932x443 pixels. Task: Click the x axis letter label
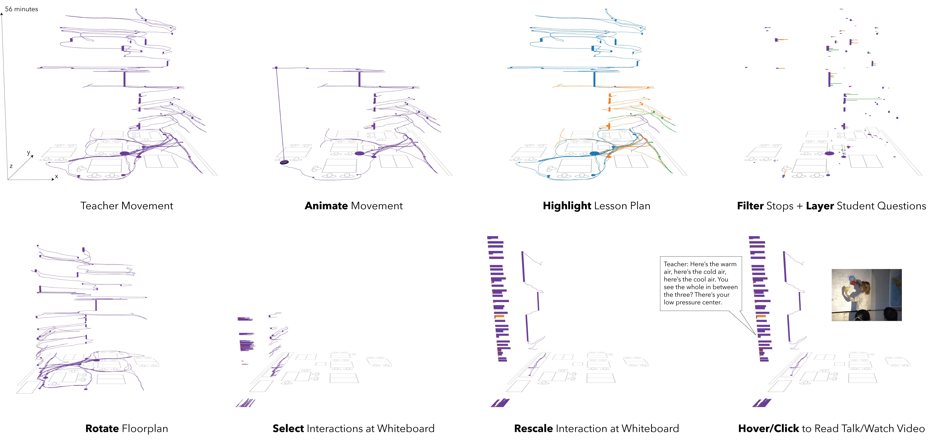(56, 176)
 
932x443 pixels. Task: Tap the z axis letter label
(11, 166)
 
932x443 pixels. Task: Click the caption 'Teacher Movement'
(127, 206)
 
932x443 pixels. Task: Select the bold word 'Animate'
(326, 206)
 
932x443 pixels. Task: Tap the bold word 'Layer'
(820, 206)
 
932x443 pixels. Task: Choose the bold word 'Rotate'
(102, 429)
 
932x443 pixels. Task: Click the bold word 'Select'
(288, 429)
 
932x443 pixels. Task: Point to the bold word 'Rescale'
(533, 429)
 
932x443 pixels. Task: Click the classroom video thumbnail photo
(867, 295)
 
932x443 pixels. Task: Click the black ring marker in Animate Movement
(284, 162)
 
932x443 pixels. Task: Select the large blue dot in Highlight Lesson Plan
(594, 153)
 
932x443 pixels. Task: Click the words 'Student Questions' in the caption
(881, 206)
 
